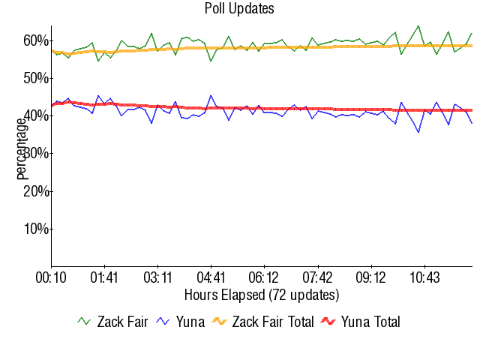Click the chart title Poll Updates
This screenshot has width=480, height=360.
point(239,9)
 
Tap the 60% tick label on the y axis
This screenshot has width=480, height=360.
point(35,40)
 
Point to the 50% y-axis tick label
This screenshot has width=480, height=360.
point(35,78)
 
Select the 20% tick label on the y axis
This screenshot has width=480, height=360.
point(35,190)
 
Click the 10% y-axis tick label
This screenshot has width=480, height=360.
point(35,228)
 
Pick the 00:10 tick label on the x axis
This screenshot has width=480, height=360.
point(51,277)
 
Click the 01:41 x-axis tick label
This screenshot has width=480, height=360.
point(104,277)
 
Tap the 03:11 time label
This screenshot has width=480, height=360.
point(157,277)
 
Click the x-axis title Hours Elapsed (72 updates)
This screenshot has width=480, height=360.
point(261,294)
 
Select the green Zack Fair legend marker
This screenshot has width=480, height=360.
point(85,322)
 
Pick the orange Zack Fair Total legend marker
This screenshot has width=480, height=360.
point(220,322)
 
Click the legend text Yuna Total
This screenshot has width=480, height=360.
point(370,322)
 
